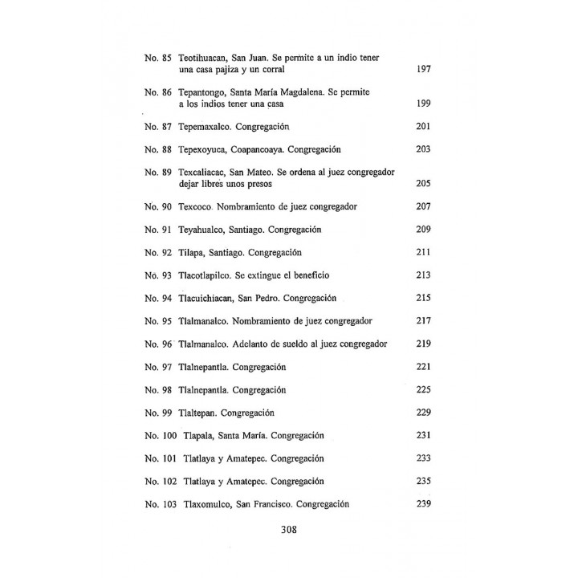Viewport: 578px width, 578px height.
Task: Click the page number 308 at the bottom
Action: (x=289, y=530)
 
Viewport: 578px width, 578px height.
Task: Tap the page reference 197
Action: (x=425, y=70)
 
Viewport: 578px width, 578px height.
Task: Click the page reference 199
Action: (x=425, y=104)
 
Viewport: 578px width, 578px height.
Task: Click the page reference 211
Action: (x=425, y=252)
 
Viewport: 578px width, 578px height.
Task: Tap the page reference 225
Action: (x=425, y=389)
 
